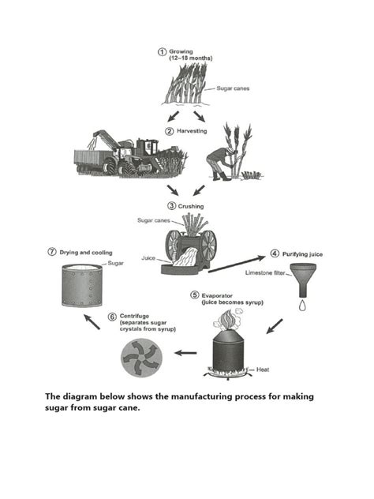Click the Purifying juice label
[x=302, y=254]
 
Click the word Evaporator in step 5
[x=218, y=295]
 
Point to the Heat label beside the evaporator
[x=264, y=369]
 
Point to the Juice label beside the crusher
[x=148, y=257]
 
